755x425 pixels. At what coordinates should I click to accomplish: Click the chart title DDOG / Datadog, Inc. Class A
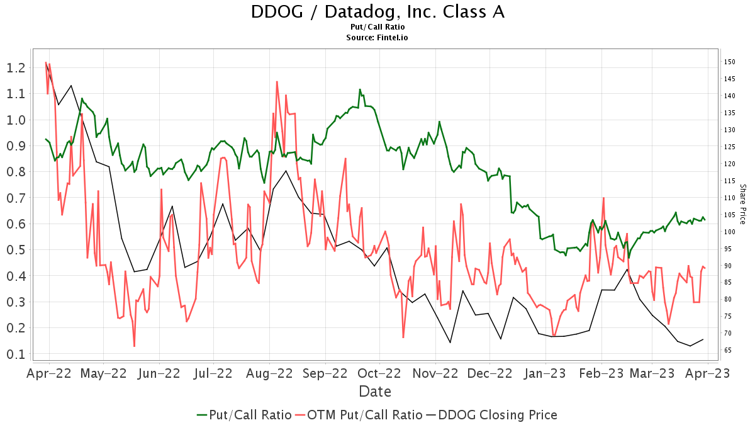coord(377,12)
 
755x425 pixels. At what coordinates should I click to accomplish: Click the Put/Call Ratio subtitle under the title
coord(377,27)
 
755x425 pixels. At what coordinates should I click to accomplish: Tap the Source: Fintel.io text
coord(377,37)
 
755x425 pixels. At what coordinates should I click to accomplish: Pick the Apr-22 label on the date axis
coord(49,373)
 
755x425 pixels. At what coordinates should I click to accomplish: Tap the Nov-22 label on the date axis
coord(435,373)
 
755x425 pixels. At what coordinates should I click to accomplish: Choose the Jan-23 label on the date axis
coord(545,373)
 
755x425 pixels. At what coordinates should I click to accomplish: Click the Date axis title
coord(375,392)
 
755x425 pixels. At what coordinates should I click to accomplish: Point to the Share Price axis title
coord(742,205)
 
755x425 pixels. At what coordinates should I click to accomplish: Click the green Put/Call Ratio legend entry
coord(244,415)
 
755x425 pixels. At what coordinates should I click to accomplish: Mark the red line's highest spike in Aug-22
coord(277,81)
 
